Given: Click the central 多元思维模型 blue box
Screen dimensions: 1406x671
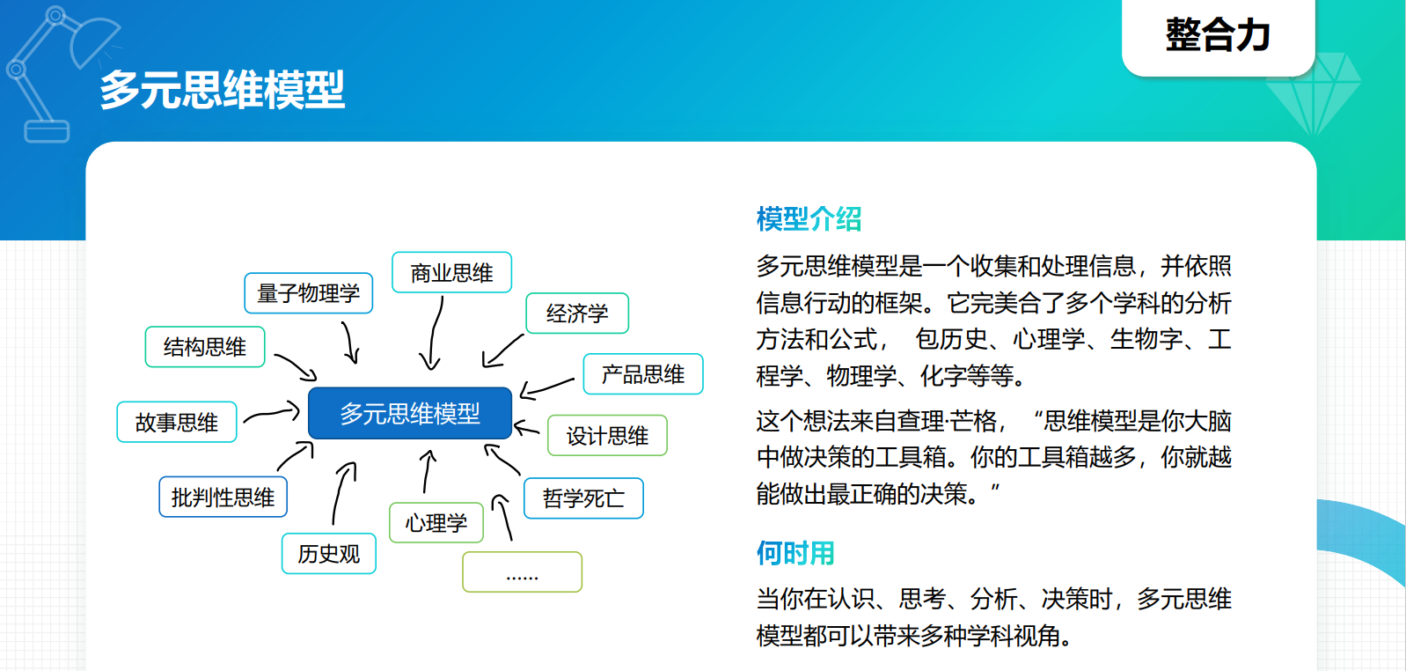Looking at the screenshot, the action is [410, 413].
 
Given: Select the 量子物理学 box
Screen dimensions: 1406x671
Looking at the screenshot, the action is [308, 292].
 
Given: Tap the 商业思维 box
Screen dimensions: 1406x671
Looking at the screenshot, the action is [452, 272].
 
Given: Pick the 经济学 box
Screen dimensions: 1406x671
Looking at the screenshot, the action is [577, 313].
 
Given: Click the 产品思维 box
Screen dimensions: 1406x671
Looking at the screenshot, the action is [643, 374].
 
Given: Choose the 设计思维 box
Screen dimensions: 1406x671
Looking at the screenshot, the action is [608, 435].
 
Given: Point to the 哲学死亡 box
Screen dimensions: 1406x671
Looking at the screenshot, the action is [583, 498].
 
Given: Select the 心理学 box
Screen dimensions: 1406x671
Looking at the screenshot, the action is [436, 522].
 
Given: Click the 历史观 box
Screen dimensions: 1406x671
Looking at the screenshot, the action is [329, 554].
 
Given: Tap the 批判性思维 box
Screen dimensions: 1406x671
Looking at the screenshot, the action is [223, 497].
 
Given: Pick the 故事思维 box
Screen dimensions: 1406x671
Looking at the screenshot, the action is [177, 422].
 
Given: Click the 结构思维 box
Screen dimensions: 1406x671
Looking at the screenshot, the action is [205, 347].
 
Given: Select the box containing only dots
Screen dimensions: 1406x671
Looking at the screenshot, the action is [523, 571].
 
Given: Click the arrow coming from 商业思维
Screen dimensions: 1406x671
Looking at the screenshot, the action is [434, 333].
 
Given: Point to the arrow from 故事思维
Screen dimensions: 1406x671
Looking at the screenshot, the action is [272, 413].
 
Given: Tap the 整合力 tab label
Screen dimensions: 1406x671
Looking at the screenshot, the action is [1218, 34].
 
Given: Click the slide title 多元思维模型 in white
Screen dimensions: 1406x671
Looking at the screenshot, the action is [223, 89].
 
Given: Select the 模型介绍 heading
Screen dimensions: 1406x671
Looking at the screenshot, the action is [809, 219].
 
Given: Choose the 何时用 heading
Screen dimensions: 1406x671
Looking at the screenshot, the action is [795, 554].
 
